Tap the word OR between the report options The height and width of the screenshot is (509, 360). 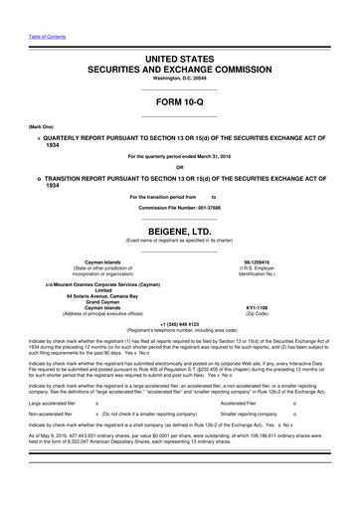[179, 166]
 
